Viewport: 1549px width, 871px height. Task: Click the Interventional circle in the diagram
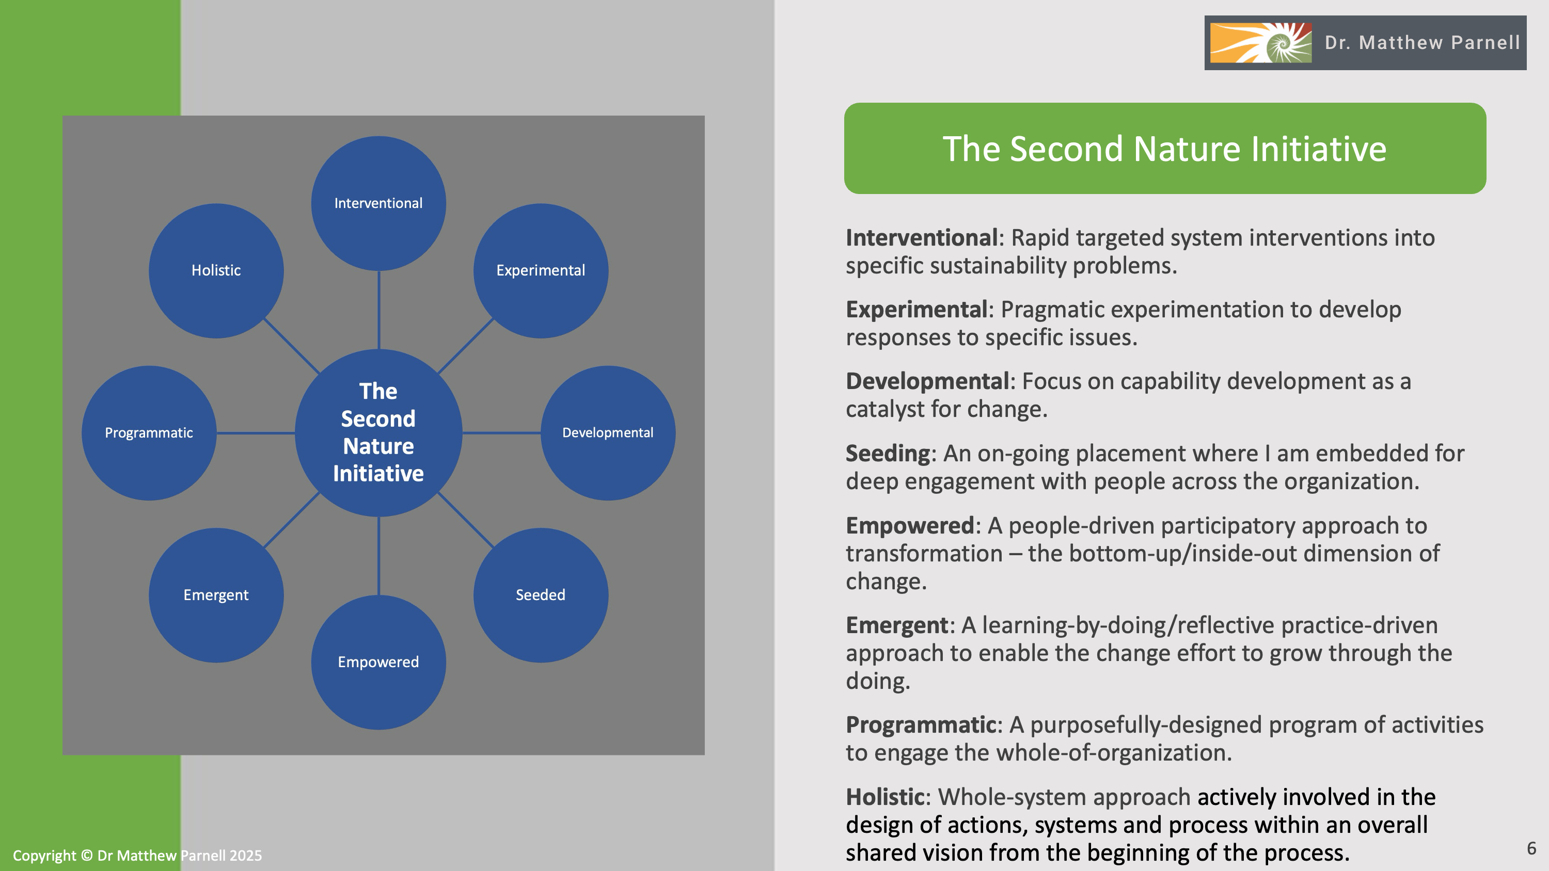coord(378,203)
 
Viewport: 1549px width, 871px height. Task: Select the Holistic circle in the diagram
coord(216,270)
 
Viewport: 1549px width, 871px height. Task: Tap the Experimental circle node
coord(541,270)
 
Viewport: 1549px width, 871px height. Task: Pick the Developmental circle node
coord(607,433)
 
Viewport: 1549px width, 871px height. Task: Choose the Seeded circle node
coord(541,595)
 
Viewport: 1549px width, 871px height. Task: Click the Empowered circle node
coord(378,662)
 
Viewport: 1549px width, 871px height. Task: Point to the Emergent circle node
coord(216,595)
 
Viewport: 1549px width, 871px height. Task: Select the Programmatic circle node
coord(149,433)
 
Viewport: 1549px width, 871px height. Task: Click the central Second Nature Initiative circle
coord(378,432)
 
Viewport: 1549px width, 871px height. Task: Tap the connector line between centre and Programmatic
coord(256,433)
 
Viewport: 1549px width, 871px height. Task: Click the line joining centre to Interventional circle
coord(378,310)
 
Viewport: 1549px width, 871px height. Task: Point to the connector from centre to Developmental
coord(501,433)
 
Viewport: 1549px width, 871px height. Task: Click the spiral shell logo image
coord(1260,43)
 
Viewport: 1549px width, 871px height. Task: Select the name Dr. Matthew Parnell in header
coord(1422,43)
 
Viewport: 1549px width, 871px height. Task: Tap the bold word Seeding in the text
coord(888,453)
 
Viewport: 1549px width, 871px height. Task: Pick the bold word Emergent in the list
coord(896,625)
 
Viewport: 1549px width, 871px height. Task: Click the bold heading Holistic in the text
coord(884,797)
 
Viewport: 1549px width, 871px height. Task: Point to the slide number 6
coord(1531,848)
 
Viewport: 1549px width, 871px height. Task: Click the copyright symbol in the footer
coord(87,856)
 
